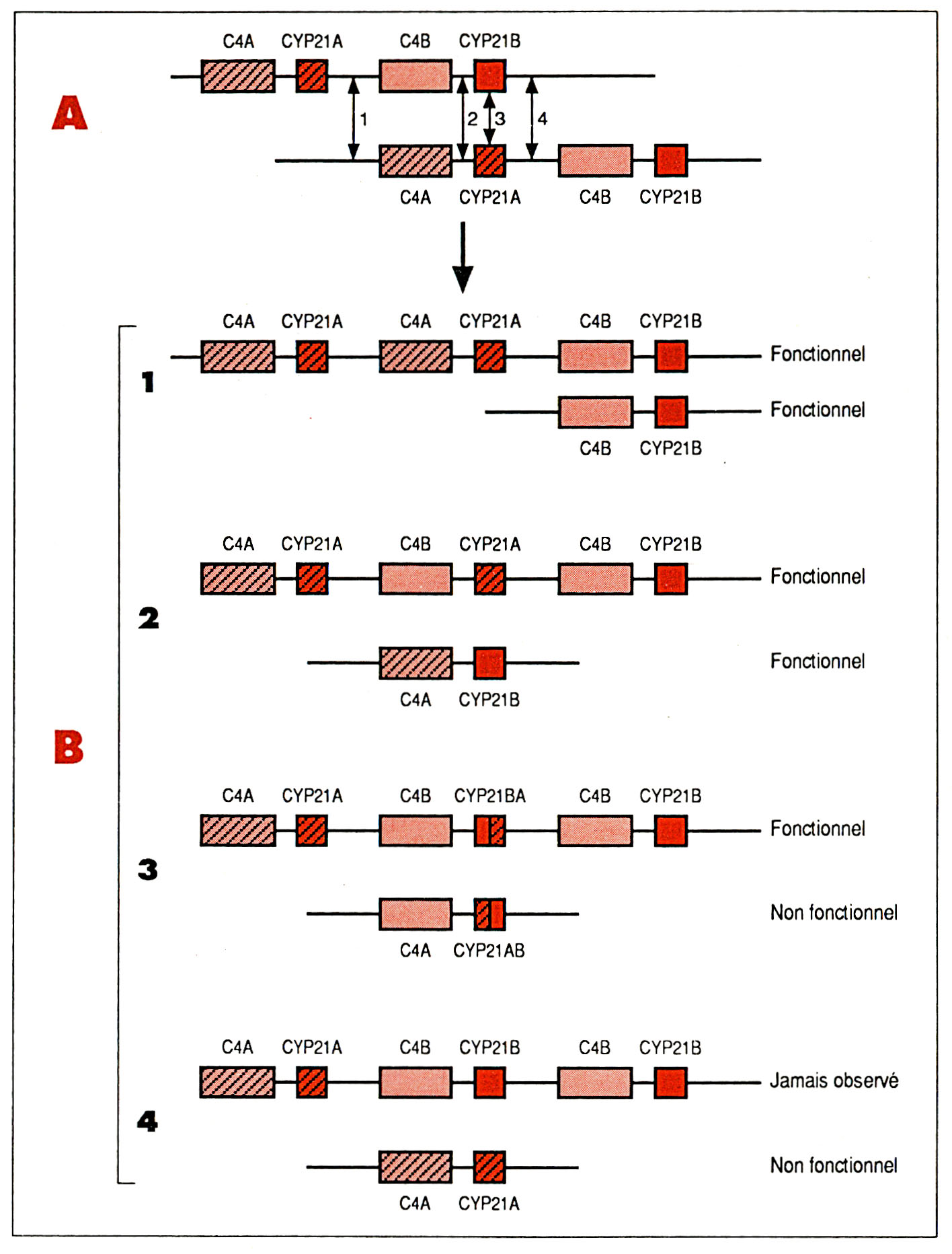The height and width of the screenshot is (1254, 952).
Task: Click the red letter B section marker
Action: click(x=69, y=747)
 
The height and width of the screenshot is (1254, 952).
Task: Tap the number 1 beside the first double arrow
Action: click(x=364, y=120)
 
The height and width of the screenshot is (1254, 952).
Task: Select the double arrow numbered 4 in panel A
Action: click(x=532, y=118)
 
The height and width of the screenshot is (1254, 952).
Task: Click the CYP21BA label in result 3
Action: click(x=489, y=796)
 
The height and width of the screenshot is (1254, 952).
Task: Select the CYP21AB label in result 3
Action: click(x=489, y=951)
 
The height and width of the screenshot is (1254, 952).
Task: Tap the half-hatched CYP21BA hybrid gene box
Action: click(x=490, y=830)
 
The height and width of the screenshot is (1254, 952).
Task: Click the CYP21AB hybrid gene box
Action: click(x=490, y=914)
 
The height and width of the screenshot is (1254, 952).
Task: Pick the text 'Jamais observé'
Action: click(x=834, y=1080)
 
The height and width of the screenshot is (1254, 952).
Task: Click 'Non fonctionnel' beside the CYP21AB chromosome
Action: click(x=834, y=913)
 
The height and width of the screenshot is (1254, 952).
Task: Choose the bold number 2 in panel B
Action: click(x=149, y=618)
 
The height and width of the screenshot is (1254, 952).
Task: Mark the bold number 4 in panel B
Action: click(x=147, y=1121)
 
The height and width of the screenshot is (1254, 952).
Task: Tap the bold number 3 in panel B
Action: click(x=148, y=869)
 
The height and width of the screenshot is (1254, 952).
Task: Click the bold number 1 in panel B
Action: click(x=148, y=382)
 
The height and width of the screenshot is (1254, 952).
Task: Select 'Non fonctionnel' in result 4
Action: click(x=834, y=1165)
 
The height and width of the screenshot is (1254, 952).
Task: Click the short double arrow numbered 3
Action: click(x=490, y=118)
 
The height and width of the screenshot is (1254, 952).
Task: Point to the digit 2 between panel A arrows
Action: click(x=473, y=119)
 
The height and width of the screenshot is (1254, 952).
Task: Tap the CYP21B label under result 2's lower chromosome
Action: click(x=489, y=700)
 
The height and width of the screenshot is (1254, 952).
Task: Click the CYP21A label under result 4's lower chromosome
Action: click(x=489, y=1204)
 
